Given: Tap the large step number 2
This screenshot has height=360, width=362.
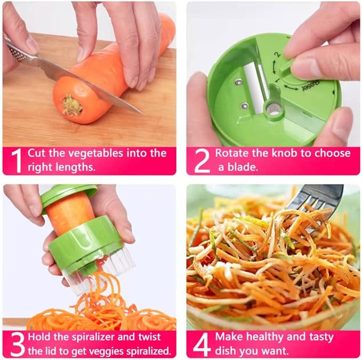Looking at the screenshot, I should point(202,161).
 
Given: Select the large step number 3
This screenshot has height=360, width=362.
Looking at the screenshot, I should point(17,344).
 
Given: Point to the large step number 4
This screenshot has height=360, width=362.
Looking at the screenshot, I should point(202,344).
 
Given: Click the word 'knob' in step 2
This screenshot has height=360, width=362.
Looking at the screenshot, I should point(292,153).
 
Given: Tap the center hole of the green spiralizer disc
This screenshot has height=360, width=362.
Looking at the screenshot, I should point(273,109).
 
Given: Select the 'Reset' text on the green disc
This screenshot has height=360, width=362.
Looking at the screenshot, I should point(309,85).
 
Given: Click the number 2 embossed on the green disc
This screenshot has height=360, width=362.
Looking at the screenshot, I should point(277,54).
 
